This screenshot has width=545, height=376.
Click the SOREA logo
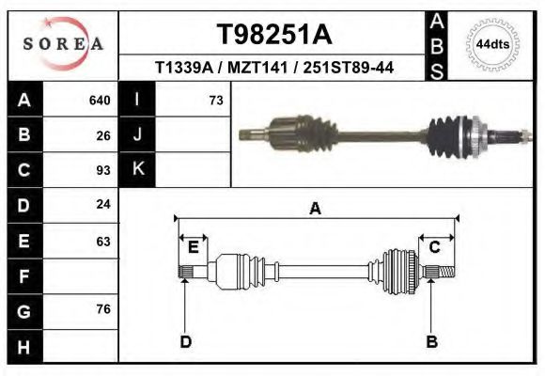[64, 44]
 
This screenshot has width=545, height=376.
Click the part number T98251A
[273, 35]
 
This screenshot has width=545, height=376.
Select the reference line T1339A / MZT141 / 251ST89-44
[273, 68]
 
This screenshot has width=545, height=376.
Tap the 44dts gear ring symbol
[493, 44]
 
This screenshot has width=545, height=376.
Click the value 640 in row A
[100, 100]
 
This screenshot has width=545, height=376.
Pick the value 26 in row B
[103, 134]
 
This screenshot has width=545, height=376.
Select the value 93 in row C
[103, 170]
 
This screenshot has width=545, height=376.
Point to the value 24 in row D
[103, 204]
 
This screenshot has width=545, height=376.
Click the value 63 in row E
[103, 241]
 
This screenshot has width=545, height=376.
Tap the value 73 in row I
[215, 100]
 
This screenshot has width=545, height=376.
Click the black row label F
[23, 276]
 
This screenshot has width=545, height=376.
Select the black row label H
[23, 347]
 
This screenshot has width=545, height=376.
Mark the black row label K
[138, 170]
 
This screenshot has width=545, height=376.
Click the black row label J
[138, 134]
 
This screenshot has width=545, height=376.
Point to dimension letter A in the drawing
[316, 209]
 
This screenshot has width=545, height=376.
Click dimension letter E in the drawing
[193, 247]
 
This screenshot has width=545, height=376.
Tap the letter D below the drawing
[185, 341]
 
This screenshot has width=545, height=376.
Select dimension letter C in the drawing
[435, 247]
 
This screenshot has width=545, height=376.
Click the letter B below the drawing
[432, 341]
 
